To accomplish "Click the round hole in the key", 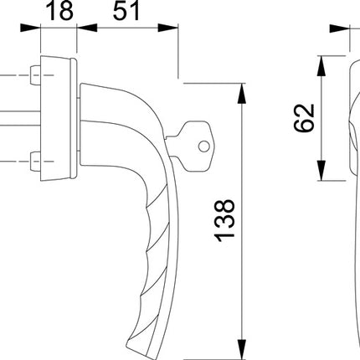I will (203, 147).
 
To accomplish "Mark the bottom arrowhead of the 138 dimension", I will (242, 350).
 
